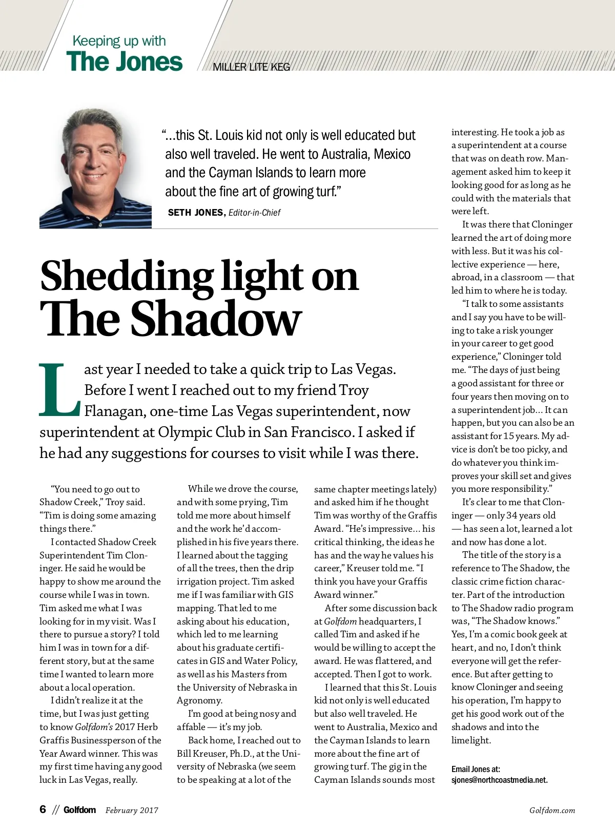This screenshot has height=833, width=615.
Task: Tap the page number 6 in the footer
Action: (x=43, y=809)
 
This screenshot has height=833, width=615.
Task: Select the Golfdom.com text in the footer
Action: (x=552, y=810)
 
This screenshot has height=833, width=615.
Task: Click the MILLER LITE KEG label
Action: (x=251, y=67)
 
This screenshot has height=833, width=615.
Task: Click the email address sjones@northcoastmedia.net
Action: (x=499, y=780)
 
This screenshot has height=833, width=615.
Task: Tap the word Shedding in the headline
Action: (x=125, y=277)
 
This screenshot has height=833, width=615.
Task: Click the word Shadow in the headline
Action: (x=216, y=319)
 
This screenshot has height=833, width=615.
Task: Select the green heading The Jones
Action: (x=124, y=62)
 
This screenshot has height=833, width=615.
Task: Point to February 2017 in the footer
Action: (x=132, y=810)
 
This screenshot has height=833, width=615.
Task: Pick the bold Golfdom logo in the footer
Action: (x=79, y=810)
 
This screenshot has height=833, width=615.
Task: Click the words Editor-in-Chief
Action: (x=254, y=213)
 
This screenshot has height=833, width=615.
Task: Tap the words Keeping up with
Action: (x=119, y=41)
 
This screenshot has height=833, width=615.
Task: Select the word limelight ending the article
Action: (x=470, y=740)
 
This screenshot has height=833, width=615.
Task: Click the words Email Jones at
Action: (x=476, y=769)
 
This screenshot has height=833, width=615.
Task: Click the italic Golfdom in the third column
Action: (x=340, y=621)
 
